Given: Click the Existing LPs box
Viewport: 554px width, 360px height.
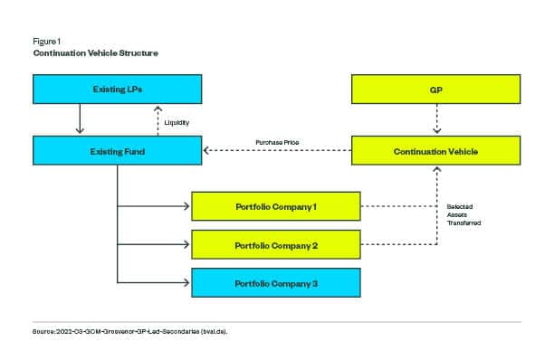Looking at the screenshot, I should pyautogui.click(x=118, y=90).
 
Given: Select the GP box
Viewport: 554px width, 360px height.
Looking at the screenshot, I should pyautogui.click(x=435, y=90).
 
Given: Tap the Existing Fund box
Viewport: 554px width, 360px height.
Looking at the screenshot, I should pyautogui.click(x=118, y=151).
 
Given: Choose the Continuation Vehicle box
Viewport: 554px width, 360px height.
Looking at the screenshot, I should pyautogui.click(x=435, y=151).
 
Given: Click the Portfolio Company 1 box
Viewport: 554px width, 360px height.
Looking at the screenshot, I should pyautogui.click(x=276, y=206).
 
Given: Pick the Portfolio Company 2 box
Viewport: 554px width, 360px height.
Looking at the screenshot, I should pyautogui.click(x=276, y=244).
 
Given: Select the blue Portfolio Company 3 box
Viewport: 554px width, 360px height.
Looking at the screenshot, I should pyautogui.click(x=276, y=282).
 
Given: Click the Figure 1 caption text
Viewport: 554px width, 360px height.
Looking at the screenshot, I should pyautogui.click(x=46, y=41).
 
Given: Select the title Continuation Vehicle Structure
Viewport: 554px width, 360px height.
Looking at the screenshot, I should pyautogui.click(x=95, y=53).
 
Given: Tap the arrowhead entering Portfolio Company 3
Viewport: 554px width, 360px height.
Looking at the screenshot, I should pyautogui.click(x=187, y=282).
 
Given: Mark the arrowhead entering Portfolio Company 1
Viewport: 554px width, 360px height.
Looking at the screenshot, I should pyautogui.click(x=187, y=206).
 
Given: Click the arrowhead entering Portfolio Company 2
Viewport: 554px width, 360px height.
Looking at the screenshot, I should pyautogui.click(x=187, y=244).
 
